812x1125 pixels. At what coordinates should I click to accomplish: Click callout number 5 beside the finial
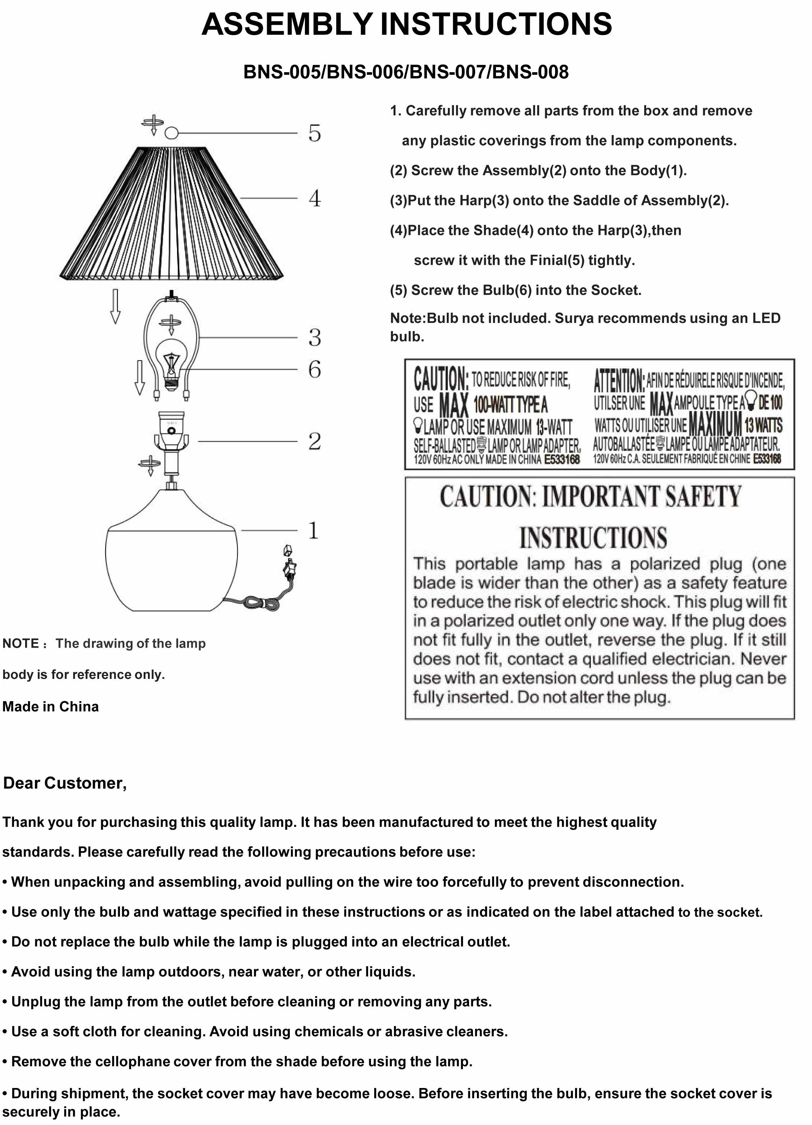tap(315, 133)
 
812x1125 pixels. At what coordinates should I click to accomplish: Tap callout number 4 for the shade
tap(315, 198)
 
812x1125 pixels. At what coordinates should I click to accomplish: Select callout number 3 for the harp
tap(315, 337)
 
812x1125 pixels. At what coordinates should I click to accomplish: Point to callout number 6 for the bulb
tap(315, 369)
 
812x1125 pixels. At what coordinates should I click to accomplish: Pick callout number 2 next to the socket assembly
tap(315, 441)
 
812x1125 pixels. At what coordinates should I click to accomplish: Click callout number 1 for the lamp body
tap(313, 530)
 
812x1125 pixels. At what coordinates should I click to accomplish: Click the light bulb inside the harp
tap(171, 366)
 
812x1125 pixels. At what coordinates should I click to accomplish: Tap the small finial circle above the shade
tap(171, 133)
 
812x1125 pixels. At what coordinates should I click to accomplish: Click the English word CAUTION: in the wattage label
tap(440, 379)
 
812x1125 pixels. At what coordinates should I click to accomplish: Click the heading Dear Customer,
tap(65, 783)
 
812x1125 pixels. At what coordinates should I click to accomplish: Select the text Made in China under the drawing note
tap(51, 706)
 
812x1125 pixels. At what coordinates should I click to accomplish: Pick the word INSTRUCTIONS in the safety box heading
tap(593, 538)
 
